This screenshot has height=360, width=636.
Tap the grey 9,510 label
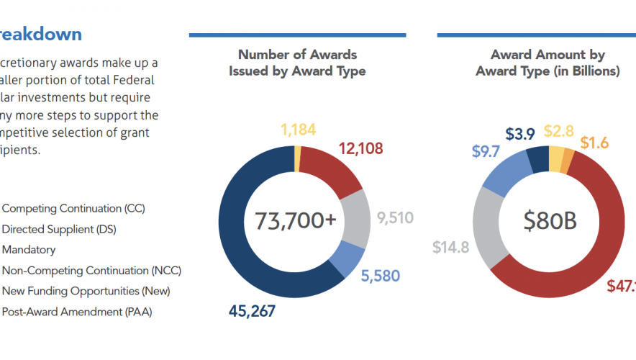point(394,217)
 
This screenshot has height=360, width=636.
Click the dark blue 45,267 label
point(251,311)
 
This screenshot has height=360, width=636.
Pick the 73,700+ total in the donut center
point(295,220)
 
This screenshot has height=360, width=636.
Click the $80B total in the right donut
point(550,220)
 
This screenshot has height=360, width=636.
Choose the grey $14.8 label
point(450,248)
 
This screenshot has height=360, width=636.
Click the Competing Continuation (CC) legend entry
point(73,208)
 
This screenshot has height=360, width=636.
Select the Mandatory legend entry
point(29,250)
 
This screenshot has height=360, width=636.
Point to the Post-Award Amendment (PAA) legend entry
point(77,312)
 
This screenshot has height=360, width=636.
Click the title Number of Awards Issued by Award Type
point(297,63)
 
